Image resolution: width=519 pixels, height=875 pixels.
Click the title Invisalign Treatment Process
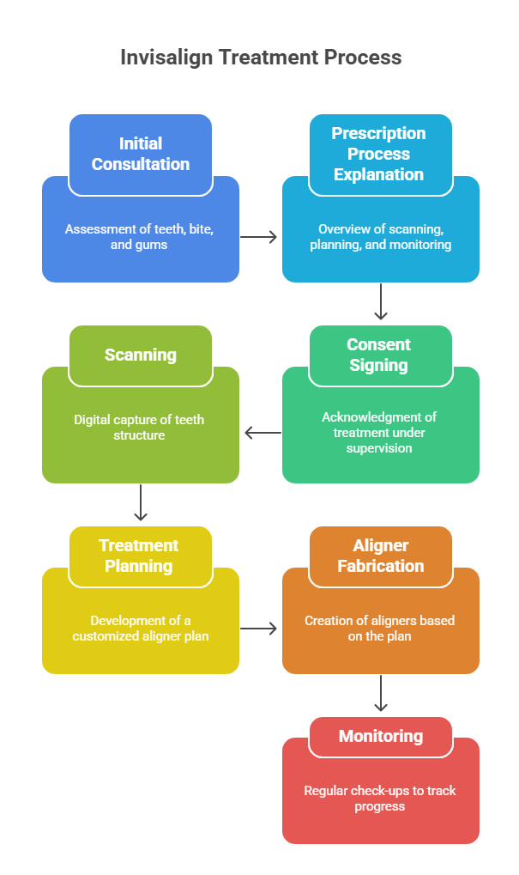[x=260, y=58]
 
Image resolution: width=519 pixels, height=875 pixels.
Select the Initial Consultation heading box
[x=141, y=154]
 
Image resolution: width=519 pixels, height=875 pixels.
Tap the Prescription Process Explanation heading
[x=379, y=154]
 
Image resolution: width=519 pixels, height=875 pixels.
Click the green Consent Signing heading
[x=379, y=355]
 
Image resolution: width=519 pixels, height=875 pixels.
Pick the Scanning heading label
[x=141, y=355]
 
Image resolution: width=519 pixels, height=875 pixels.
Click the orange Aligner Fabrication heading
[x=380, y=556]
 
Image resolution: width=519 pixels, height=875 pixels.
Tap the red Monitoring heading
[x=380, y=736]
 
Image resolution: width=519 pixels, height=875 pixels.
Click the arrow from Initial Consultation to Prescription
[x=259, y=237]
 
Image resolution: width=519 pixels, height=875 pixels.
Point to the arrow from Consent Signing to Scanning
[x=263, y=433]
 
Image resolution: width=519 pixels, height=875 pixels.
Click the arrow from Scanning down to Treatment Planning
[x=141, y=504]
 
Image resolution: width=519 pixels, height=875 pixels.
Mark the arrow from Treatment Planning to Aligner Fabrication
[x=259, y=629]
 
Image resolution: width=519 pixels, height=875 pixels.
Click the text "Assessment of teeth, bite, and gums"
[x=140, y=237]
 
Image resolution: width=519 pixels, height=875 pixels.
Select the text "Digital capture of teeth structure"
[x=140, y=428]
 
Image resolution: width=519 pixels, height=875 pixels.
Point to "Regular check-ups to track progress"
[x=378, y=799]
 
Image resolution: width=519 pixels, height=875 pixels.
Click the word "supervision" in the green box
[x=378, y=448]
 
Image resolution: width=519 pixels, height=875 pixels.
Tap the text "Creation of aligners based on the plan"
[x=379, y=629]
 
